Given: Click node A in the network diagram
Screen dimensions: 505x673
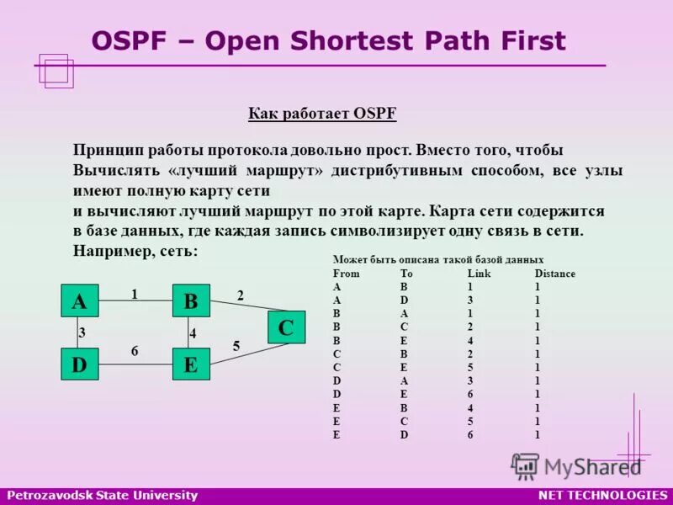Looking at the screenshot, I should click(80, 301).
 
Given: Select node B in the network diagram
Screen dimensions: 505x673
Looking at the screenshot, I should click(191, 301).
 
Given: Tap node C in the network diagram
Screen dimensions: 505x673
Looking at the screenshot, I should click(286, 327).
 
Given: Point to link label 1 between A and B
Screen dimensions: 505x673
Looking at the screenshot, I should click(134, 294).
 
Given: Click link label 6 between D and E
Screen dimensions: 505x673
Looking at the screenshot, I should click(135, 351).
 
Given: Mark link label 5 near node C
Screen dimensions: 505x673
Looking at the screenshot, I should click(236, 345).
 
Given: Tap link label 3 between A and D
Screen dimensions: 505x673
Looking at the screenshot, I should click(82, 332).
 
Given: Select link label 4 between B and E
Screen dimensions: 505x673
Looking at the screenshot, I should click(193, 333).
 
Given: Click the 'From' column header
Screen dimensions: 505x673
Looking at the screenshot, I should click(346, 274).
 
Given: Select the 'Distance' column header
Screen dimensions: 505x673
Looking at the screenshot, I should click(555, 274).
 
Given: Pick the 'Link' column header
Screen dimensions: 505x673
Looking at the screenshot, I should click(479, 274).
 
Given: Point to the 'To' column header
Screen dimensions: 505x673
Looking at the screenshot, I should click(406, 274).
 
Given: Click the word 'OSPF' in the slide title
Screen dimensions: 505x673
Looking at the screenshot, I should click(126, 41).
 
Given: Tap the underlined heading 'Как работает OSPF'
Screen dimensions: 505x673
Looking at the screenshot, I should click(322, 114).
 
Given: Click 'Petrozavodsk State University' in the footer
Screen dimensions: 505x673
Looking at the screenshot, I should click(102, 495).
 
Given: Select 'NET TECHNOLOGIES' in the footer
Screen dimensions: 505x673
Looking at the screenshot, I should click(602, 495).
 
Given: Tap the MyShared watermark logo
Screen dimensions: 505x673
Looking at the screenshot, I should click(577, 465).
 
